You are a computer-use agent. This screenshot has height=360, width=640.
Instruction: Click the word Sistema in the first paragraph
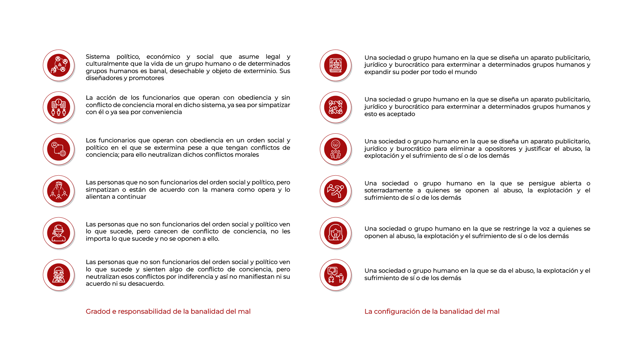98,57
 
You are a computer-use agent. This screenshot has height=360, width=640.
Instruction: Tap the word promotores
146,78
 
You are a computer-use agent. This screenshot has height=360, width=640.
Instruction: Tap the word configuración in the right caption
397,311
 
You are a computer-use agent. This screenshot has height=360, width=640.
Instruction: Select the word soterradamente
388,190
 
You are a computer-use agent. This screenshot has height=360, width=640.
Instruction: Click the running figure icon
336,191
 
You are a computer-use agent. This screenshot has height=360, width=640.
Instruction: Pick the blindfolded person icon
59,233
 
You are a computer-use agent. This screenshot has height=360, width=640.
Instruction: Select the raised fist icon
59,191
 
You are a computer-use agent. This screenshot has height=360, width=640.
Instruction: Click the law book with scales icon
336,65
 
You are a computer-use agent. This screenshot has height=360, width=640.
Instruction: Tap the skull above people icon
336,149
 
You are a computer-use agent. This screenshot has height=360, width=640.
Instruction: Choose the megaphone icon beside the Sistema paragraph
59,65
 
